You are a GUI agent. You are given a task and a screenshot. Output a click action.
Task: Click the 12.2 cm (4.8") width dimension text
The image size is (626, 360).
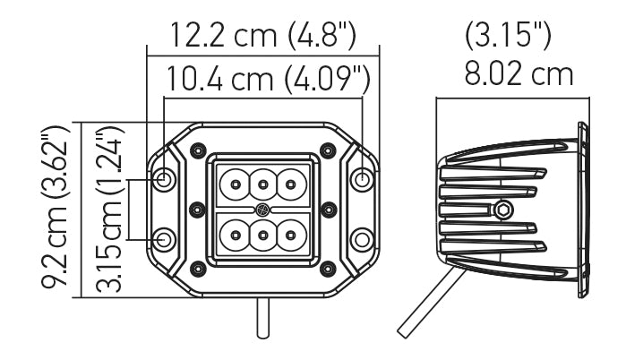click(x=264, y=36)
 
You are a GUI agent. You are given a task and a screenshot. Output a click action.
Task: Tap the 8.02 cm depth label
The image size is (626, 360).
click(x=519, y=73)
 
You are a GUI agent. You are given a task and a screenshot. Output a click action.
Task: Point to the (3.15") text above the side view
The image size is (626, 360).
click(x=508, y=36)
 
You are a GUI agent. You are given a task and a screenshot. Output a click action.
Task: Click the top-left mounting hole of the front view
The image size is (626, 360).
click(x=165, y=180)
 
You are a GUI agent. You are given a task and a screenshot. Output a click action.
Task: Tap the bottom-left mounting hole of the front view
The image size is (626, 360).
click(x=165, y=239)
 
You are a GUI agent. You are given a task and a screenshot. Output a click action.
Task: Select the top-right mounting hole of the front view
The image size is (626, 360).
click(x=362, y=180)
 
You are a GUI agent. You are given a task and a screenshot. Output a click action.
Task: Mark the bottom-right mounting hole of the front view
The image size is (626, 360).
click(x=362, y=239)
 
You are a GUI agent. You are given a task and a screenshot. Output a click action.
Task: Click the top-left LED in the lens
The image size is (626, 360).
click(x=235, y=184)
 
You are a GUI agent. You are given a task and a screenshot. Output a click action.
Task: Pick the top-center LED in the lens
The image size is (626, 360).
click(x=262, y=184)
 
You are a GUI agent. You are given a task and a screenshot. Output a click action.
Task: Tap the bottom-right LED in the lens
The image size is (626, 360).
click(x=290, y=236)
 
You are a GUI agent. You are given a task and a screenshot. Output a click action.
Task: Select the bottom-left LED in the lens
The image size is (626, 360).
click(x=235, y=236)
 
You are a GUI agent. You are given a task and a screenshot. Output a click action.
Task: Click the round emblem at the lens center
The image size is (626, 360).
click(x=262, y=210)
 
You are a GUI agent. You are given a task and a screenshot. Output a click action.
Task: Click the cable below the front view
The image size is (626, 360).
click(x=262, y=318)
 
